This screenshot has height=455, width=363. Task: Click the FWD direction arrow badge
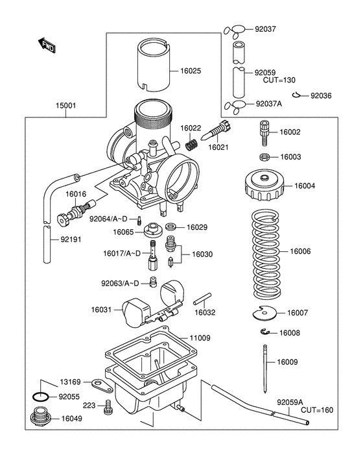coord(47,45)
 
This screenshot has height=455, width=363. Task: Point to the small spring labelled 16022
coord(191,144)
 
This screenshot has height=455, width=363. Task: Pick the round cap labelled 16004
coord(264,186)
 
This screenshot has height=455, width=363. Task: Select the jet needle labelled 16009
coord(265,367)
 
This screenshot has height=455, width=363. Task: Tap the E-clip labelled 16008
coord(264,333)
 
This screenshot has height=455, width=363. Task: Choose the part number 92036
coord(320,95)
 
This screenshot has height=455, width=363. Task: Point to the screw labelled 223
coord(108,406)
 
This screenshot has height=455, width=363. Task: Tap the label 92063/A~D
coord(119,284)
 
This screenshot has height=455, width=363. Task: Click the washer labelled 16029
coord(172,227)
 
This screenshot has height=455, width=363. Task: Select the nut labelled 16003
coord(264,157)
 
